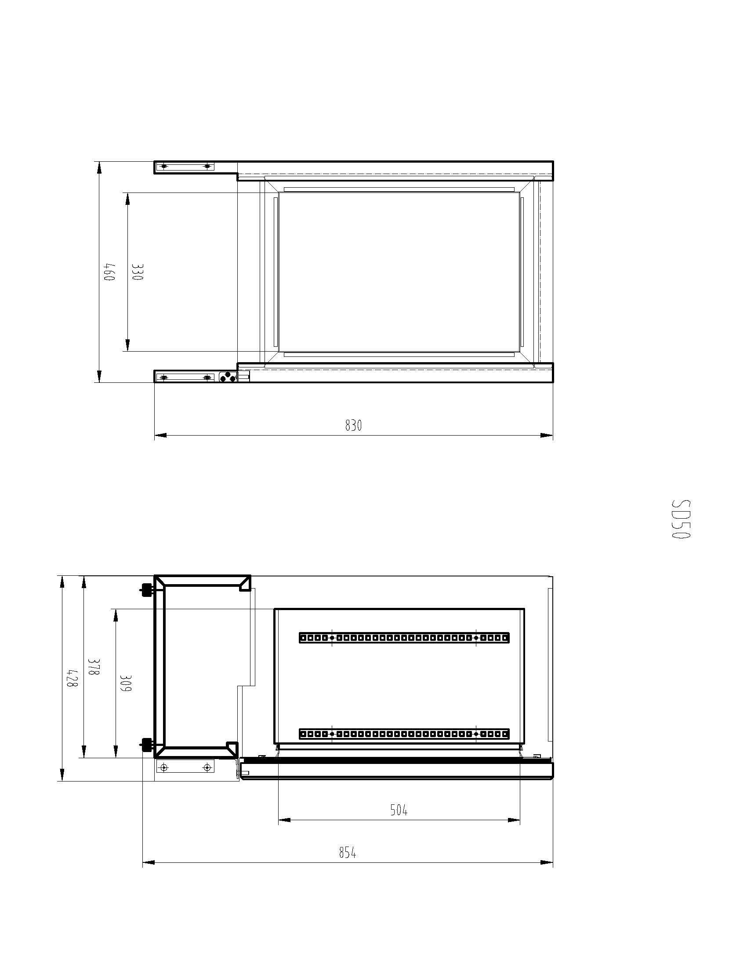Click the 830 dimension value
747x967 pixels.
353,425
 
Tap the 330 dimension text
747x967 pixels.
137,272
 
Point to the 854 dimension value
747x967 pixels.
348,852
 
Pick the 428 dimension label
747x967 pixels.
72,677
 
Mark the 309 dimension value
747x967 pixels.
126,683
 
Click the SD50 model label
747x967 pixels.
681,519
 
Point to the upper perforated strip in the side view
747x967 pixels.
404,638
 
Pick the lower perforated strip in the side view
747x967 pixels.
404,734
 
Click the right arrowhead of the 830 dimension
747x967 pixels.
548,435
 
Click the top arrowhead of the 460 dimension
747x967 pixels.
99,167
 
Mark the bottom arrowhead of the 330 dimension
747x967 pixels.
127,346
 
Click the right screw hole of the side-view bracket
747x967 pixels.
206,767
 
